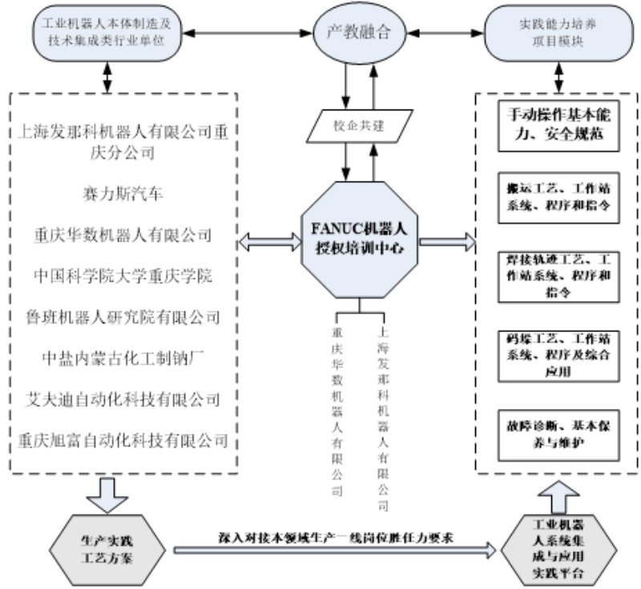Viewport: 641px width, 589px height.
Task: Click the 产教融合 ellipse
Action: [x=359, y=32]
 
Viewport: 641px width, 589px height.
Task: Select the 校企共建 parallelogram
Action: [x=359, y=126]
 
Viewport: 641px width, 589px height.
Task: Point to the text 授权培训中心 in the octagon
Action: [x=359, y=248]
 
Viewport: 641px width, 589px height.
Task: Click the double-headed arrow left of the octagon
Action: [x=270, y=240]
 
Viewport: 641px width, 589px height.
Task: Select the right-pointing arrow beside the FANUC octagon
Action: [x=447, y=240]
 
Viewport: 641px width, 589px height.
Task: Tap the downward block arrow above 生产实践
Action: [x=107, y=495]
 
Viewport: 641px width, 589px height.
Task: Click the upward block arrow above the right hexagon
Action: [x=558, y=497]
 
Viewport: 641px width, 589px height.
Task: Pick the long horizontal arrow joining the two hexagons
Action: [x=335, y=550]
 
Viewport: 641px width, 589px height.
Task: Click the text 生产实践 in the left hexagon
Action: [x=107, y=539]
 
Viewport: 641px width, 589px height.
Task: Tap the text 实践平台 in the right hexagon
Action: [x=558, y=574]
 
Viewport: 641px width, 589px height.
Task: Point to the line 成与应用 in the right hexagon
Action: [x=558, y=558]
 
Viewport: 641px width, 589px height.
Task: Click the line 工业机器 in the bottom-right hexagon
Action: [x=558, y=525]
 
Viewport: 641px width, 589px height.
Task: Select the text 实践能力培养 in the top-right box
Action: [x=558, y=24]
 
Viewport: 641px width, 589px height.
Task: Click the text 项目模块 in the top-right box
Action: [x=558, y=40]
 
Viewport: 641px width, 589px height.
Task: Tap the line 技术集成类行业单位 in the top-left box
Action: [x=107, y=40]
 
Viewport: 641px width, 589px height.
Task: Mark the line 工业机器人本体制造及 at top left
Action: [x=107, y=24]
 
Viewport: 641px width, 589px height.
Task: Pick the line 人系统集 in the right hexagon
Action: [x=558, y=541]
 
